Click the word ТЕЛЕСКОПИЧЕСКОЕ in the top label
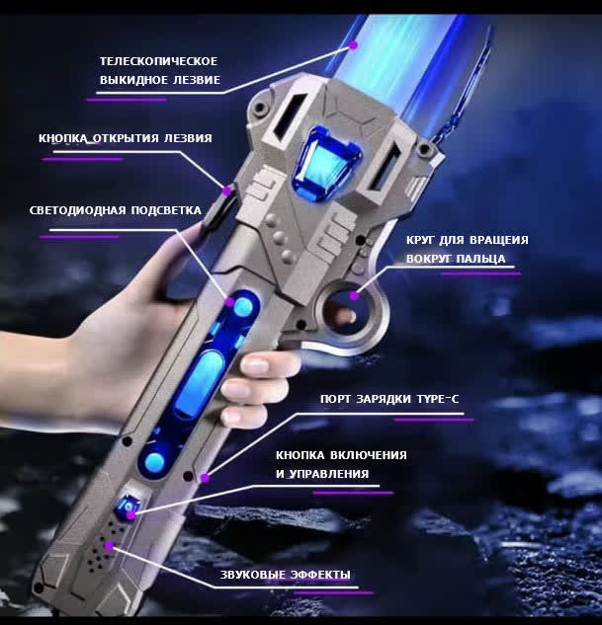click(x=159, y=61)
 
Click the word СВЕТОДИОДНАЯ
click(x=77, y=210)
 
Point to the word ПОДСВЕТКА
click(x=166, y=210)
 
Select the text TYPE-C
click(x=438, y=399)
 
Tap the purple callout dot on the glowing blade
click(x=353, y=45)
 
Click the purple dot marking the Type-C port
click(x=205, y=478)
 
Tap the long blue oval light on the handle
click(x=200, y=383)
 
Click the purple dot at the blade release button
click(x=227, y=191)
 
